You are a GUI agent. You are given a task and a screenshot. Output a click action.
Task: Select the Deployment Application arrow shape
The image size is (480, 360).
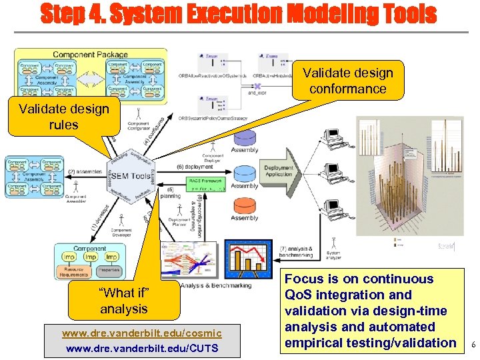pos(278,171)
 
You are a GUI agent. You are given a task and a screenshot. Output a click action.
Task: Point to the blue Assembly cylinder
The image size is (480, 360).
pos(245,175)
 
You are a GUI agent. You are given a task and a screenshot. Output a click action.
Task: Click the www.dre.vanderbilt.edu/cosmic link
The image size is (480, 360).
pos(141,332)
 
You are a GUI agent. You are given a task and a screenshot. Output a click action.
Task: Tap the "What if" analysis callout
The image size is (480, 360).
pos(124,301)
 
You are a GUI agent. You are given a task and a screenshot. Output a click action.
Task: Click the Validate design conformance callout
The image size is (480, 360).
pos(348,81)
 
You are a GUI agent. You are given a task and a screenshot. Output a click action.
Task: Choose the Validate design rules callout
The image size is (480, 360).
pos(63,117)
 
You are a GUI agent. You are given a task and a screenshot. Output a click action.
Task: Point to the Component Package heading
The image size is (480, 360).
pos(82,55)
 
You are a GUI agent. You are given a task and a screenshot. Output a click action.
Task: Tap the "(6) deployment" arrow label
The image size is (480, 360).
pos(195,167)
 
